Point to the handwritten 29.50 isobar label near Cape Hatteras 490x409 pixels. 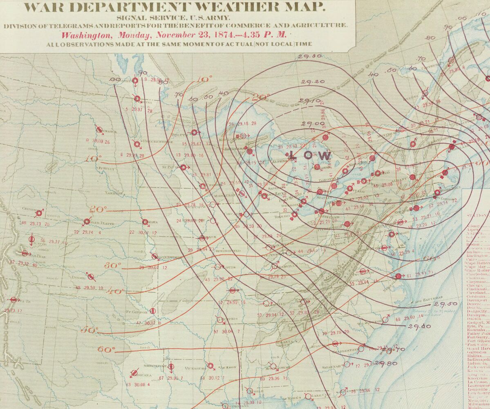click(445, 304)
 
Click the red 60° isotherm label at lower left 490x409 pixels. click(106, 349)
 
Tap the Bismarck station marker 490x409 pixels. click(99, 130)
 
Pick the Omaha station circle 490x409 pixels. click(145, 222)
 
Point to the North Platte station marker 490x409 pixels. click(87, 222)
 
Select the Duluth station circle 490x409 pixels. click(195, 132)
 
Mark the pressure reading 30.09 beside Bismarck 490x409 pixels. click(97, 141)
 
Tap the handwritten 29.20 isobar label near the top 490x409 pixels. click(313, 82)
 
